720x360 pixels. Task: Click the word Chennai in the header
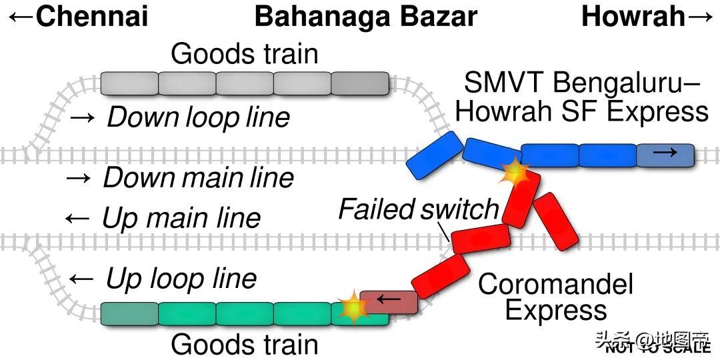click(91, 16)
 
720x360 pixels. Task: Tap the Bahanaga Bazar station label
click(366, 16)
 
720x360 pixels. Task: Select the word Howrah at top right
click(633, 16)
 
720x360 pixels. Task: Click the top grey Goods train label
click(245, 54)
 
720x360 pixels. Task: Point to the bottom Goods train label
click(245, 345)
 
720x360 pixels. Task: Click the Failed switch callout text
click(419, 209)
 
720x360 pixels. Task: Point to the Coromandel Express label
click(555, 297)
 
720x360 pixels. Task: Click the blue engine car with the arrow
click(665, 155)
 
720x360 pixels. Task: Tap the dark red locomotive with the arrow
click(389, 301)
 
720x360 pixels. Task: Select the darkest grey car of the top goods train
click(360, 83)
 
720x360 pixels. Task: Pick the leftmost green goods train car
click(129, 313)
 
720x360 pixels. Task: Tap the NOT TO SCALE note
click(657, 347)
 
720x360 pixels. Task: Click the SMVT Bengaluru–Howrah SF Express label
click(581, 97)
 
